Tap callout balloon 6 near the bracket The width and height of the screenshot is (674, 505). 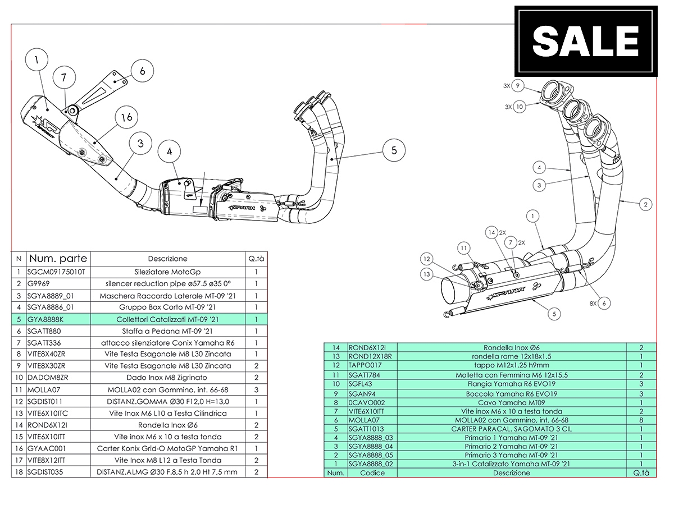(x=142, y=71)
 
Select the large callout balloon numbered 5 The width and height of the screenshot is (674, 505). (x=394, y=150)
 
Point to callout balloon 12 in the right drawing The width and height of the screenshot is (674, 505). (x=427, y=259)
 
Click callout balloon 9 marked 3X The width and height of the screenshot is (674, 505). (x=518, y=86)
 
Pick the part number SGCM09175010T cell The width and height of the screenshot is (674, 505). (x=51, y=272)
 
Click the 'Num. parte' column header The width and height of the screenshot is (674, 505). (x=58, y=259)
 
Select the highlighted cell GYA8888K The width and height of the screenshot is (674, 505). (x=51, y=319)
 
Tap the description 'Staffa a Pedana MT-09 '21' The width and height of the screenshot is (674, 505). (x=167, y=330)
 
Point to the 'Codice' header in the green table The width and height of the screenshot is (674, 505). (x=372, y=473)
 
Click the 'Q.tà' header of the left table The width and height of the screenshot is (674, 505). (x=256, y=259)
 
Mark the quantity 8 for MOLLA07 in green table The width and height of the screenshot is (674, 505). (x=641, y=420)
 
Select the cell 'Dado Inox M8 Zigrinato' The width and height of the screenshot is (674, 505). (x=167, y=378)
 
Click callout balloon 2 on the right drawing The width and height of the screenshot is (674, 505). (x=646, y=205)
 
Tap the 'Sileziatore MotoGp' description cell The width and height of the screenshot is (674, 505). (x=167, y=272)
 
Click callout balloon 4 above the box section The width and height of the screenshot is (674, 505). (x=169, y=151)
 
